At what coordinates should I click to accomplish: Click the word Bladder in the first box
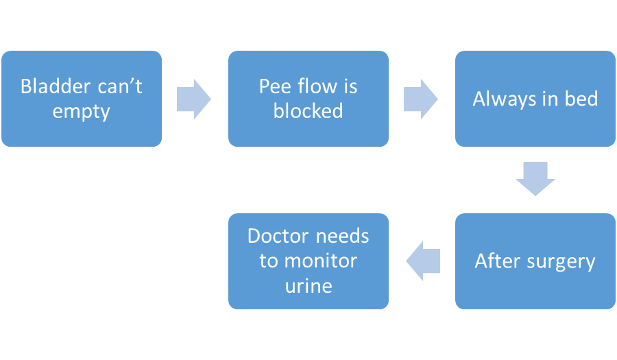55,86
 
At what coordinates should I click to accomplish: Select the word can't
120,86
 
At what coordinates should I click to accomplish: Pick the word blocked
308,110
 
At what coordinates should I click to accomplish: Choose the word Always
504,99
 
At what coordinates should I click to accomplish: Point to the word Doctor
278,236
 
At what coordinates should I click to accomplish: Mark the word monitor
321,261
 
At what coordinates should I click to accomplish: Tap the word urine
308,286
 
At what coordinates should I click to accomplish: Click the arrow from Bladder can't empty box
194,99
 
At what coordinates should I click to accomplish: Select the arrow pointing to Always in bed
421,99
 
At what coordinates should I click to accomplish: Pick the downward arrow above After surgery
535,178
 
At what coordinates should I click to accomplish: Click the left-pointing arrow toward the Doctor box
423,261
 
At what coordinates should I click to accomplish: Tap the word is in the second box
350,86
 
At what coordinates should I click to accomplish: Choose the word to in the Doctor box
268,261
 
